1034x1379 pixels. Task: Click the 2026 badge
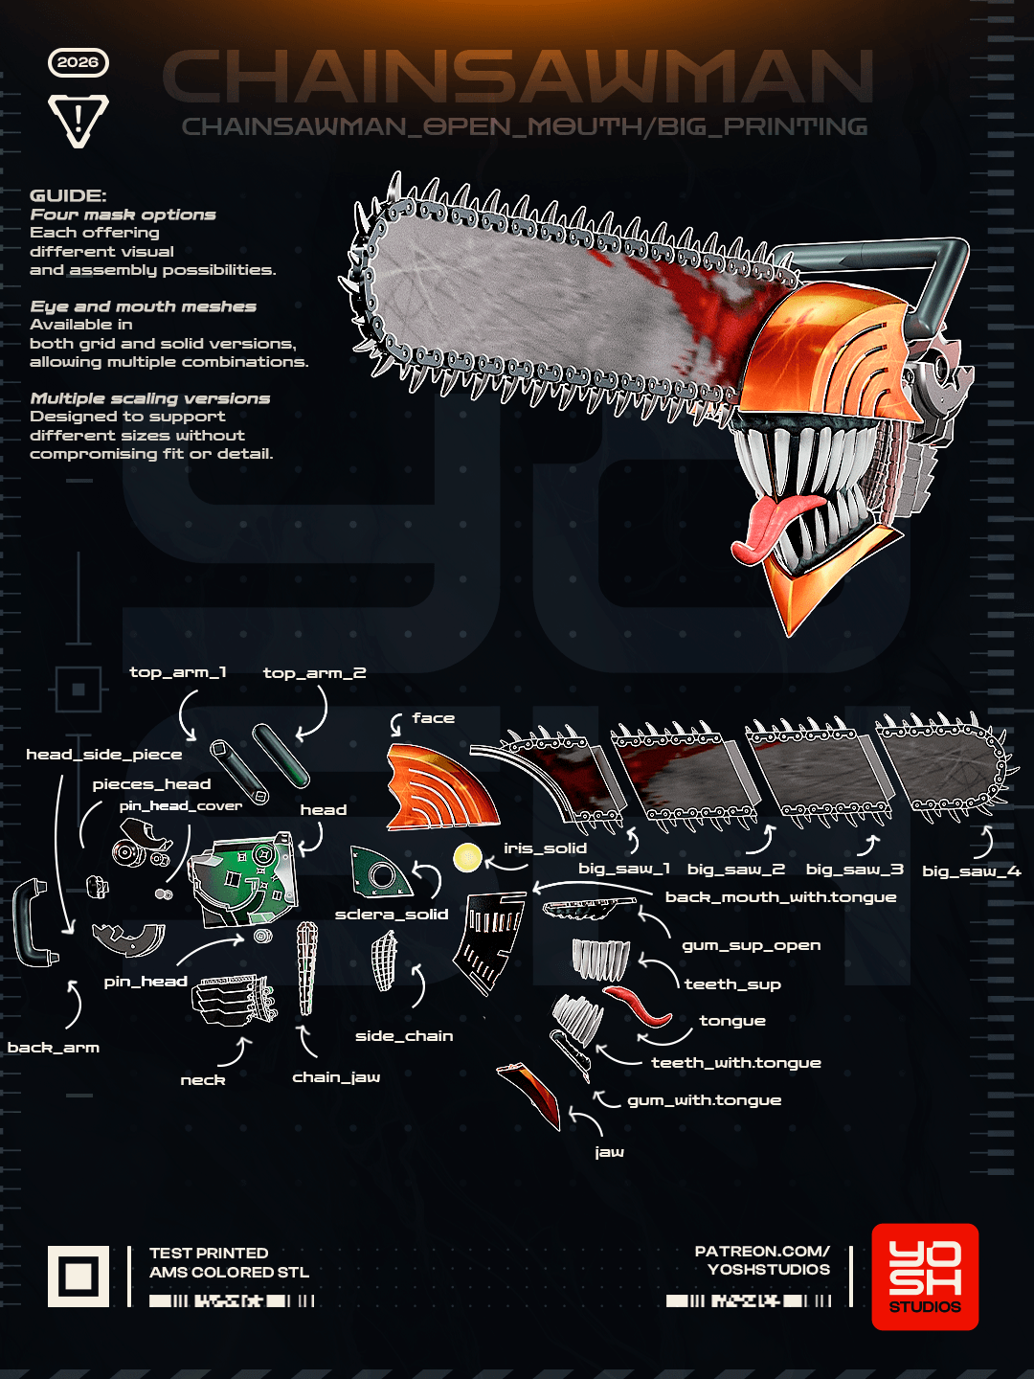[79, 62]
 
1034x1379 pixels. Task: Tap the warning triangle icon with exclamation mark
[79, 121]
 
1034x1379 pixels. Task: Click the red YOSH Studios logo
[925, 1276]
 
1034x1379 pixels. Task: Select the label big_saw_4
[971, 870]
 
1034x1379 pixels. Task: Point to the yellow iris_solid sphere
[468, 857]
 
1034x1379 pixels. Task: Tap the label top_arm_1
[178, 672]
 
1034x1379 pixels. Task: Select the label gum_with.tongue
[705, 1100]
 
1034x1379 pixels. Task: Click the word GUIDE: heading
[68, 195]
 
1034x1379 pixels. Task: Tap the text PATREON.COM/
[762, 1251]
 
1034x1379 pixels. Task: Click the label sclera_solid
[392, 915]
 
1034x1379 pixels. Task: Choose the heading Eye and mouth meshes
[144, 305]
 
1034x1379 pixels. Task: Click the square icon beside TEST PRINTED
[79, 1276]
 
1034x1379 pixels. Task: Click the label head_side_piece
[104, 754]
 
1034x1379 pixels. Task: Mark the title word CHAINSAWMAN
[518, 77]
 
